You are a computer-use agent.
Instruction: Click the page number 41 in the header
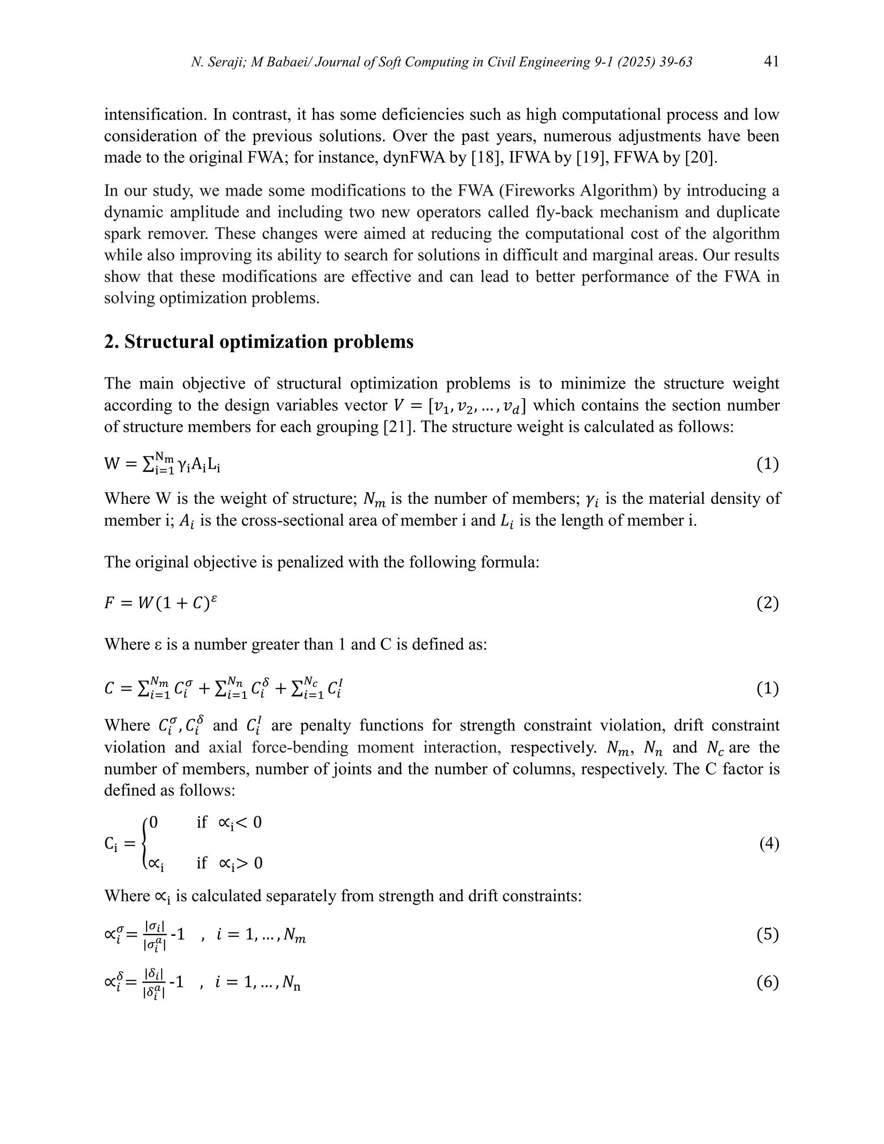click(x=771, y=62)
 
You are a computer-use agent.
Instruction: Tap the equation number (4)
click(x=769, y=844)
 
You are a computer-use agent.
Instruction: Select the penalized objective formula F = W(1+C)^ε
click(x=160, y=604)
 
